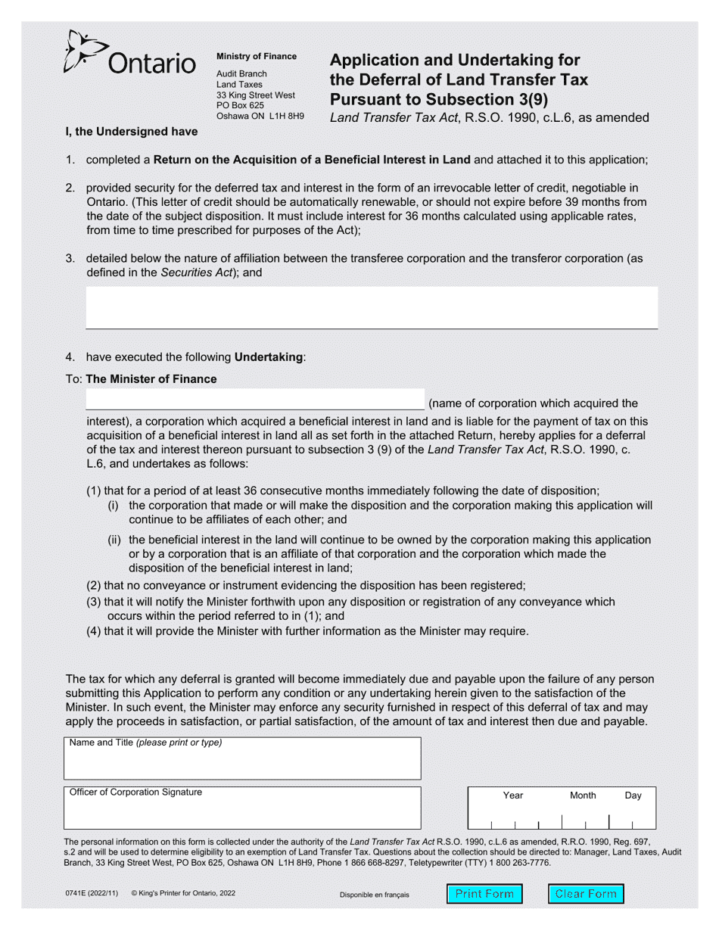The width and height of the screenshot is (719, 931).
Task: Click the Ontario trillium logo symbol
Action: tap(81, 51)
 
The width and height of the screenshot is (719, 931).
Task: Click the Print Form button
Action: tap(484, 894)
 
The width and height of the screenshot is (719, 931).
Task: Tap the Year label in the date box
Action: tap(513, 796)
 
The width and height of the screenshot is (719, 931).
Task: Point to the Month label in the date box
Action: tap(583, 796)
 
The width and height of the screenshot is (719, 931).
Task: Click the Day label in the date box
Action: tap(633, 796)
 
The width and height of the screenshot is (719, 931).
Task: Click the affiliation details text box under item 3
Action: tap(372, 307)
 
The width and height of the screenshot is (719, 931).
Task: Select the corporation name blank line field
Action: tap(255, 400)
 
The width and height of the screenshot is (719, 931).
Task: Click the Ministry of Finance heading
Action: tap(257, 57)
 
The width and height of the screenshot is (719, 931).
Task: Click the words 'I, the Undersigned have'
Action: tap(132, 132)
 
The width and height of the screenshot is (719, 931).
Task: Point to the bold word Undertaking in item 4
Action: tap(269, 357)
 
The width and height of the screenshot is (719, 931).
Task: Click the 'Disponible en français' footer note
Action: tap(374, 895)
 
